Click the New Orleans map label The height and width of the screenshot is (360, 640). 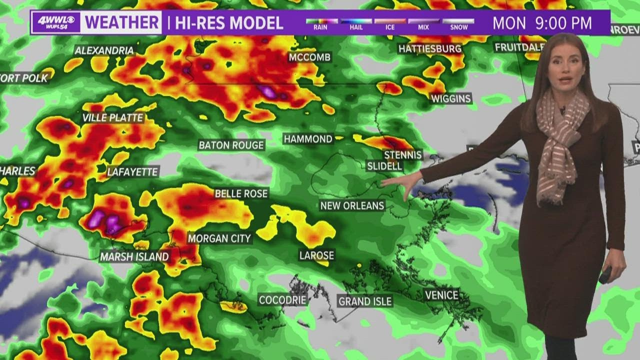point(352,205)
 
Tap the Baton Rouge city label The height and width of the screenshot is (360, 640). point(231,145)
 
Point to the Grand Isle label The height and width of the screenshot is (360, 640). point(365,301)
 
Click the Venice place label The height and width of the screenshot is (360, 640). point(441,295)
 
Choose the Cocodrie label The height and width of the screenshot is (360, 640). point(281,300)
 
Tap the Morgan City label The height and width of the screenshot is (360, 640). point(219,238)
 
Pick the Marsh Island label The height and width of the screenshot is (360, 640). point(134,256)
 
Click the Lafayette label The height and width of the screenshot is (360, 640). point(132,172)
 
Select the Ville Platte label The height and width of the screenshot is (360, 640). point(113,118)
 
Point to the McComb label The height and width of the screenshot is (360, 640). point(309,57)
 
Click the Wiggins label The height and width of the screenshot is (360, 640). point(451,98)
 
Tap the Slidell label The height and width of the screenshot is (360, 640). point(384,165)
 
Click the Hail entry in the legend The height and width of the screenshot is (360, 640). point(356,24)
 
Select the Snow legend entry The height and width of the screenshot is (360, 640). point(458,24)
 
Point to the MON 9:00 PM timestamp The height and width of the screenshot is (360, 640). point(542,23)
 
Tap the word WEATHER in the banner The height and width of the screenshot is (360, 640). point(122,22)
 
